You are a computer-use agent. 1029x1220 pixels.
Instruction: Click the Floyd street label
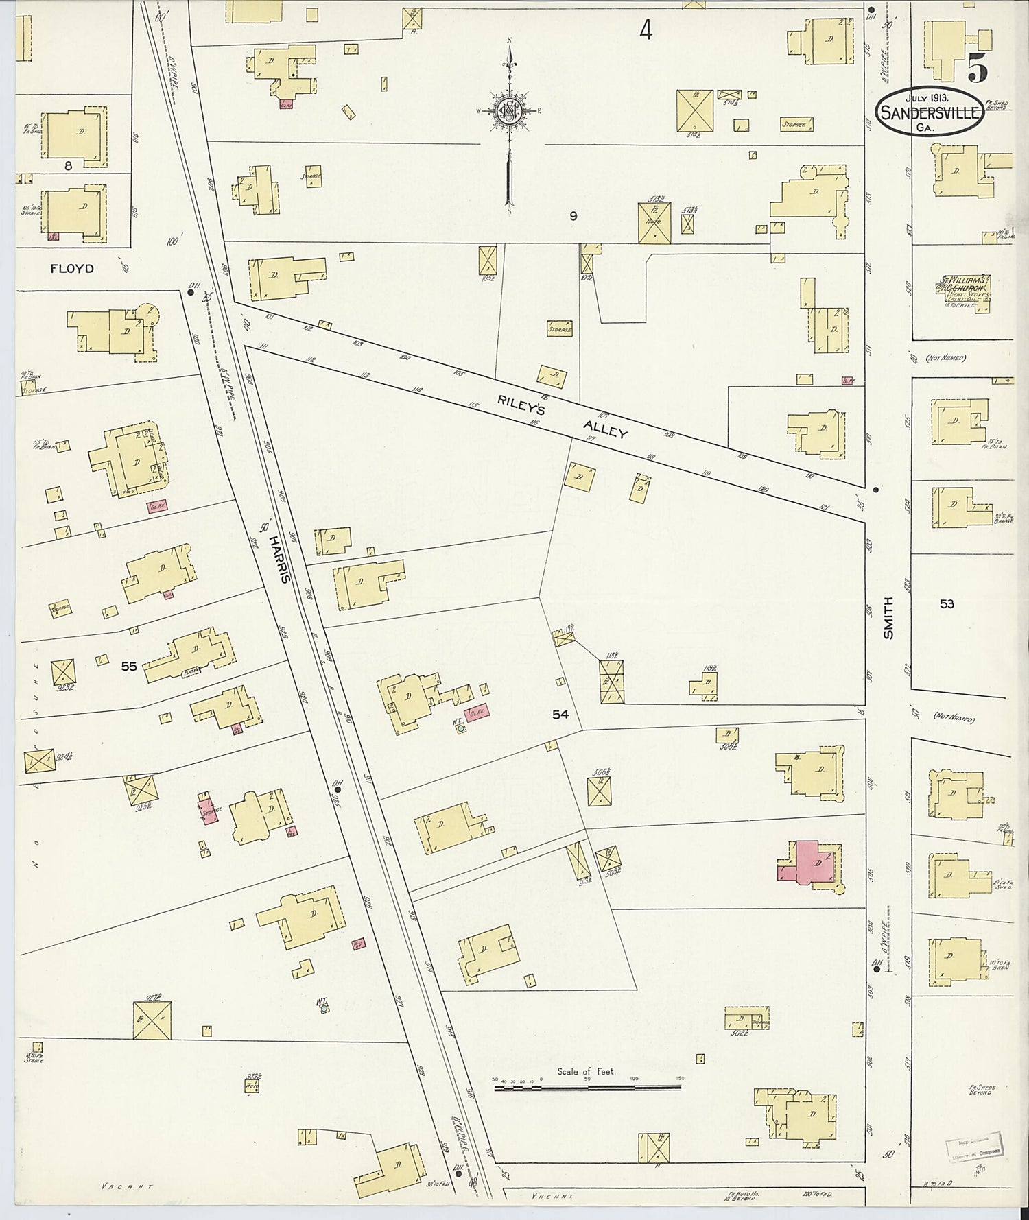point(71,269)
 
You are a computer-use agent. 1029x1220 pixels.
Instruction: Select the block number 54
point(560,715)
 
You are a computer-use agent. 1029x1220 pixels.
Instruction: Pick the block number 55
point(129,665)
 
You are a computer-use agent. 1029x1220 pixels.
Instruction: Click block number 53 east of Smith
point(947,604)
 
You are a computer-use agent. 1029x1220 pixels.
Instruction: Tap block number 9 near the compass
point(573,216)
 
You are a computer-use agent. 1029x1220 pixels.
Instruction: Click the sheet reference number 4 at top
point(645,29)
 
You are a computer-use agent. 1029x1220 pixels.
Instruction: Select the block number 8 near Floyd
point(68,165)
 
